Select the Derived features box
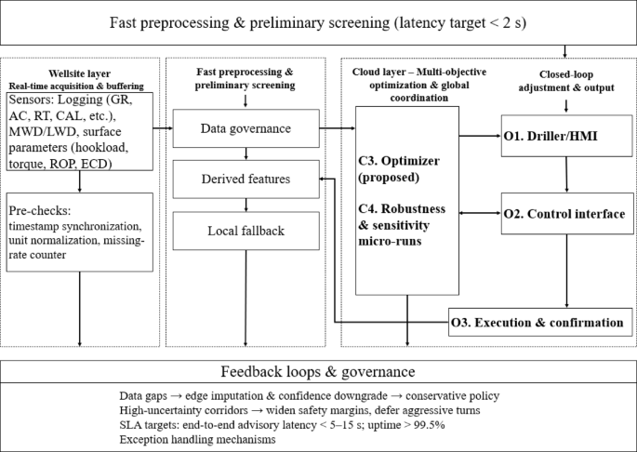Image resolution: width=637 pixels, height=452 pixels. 246,179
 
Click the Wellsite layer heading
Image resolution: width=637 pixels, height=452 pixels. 77,73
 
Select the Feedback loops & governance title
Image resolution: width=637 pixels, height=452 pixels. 318,371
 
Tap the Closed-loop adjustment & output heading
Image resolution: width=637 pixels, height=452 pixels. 567,79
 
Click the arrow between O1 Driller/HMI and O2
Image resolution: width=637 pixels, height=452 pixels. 566,174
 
